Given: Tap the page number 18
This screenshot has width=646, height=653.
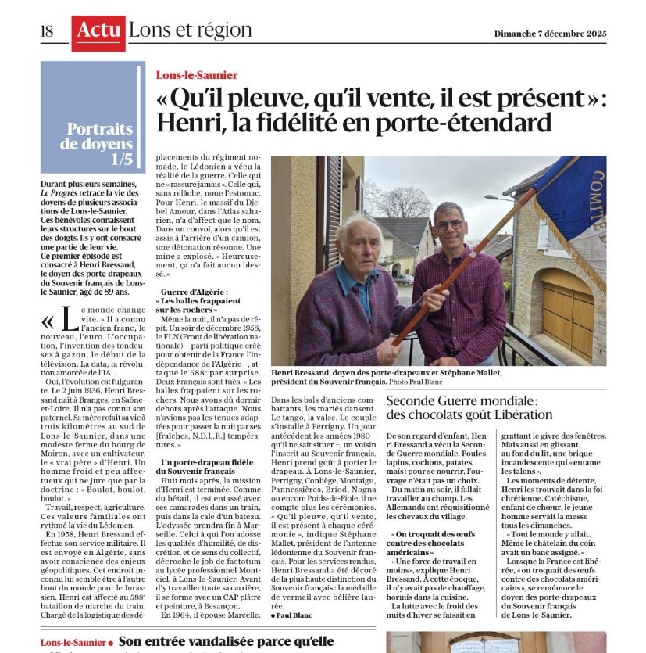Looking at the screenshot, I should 47,31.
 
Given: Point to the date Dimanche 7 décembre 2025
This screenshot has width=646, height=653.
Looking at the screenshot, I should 550,34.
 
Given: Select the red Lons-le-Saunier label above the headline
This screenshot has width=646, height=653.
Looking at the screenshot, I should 197,76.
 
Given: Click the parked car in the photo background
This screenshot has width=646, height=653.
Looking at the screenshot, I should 403,279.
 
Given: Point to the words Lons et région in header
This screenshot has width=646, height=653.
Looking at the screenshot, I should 190,31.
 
